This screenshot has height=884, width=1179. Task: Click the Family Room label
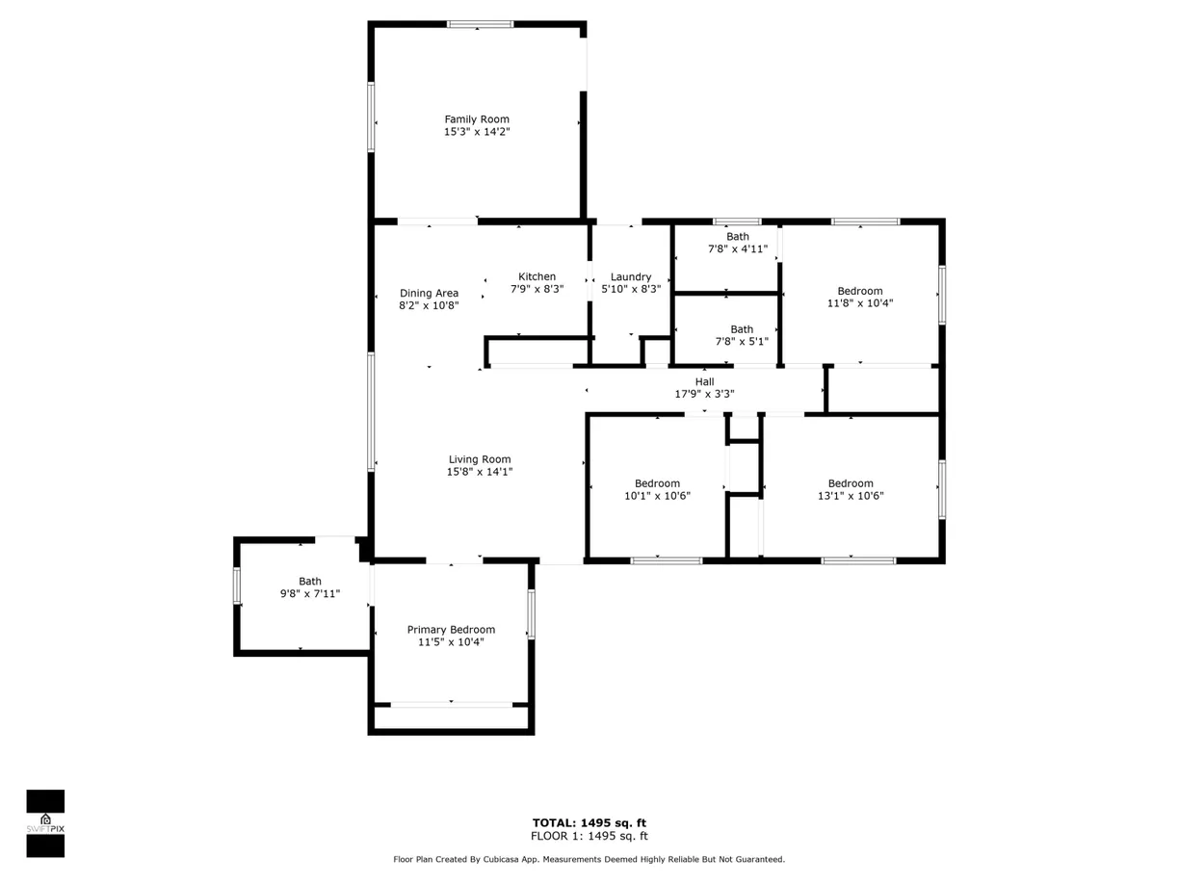tap(477, 119)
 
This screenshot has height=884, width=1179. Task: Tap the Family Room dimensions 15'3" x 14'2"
tap(477, 132)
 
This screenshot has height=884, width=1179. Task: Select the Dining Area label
tap(429, 293)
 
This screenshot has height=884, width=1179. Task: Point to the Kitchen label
tap(537, 276)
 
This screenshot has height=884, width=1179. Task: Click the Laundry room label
tap(631, 277)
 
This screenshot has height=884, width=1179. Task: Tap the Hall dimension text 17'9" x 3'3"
tap(704, 394)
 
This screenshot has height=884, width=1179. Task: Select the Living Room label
tap(480, 459)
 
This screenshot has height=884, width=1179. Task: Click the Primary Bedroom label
tap(451, 630)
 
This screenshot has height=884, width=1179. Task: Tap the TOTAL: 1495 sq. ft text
tap(589, 822)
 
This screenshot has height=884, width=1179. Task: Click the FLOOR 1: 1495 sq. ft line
tap(589, 836)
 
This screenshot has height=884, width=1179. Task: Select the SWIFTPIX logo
tap(45, 823)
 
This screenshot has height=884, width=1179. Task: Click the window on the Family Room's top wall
tap(481, 24)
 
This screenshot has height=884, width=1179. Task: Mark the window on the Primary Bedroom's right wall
tap(531, 614)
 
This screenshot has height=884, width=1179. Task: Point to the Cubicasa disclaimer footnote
tap(589, 859)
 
